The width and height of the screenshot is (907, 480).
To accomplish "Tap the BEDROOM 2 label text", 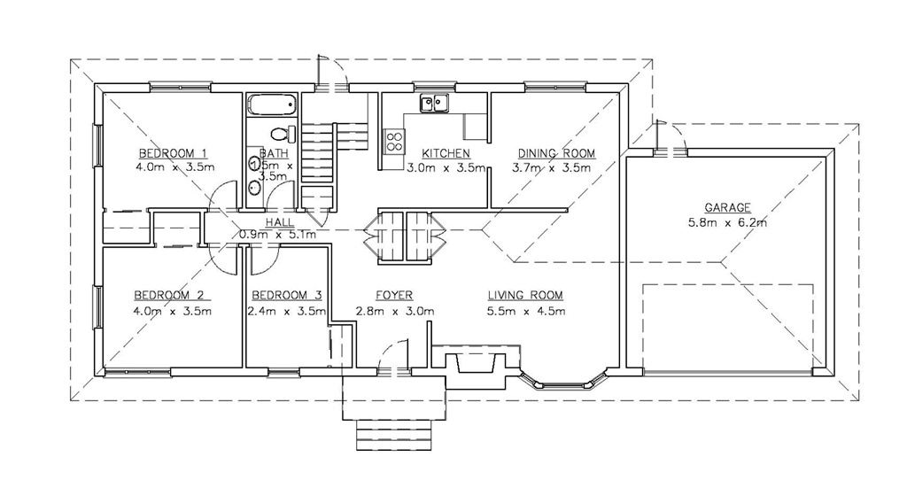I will pyautogui.click(x=169, y=295).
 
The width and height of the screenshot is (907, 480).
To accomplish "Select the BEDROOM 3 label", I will pyautogui.click(x=286, y=295).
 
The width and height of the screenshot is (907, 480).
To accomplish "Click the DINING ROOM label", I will pyautogui.click(x=556, y=153).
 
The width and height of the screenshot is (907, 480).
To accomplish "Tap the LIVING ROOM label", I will pyautogui.click(x=525, y=295).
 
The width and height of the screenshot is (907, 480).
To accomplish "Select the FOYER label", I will pyautogui.click(x=394, y=295).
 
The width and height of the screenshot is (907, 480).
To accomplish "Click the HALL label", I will pyautogui.click(x=280, y=222).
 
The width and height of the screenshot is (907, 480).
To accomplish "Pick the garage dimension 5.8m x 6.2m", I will pyautogui.click(x=727, y=221).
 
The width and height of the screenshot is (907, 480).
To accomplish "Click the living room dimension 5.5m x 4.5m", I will pyautogui.click(x=526, y=310).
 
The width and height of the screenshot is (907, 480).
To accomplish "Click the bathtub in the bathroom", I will pyautogui.click(x=272, y=105).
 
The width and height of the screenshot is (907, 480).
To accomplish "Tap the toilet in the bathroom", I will pyautogui.click(x=282, y=135).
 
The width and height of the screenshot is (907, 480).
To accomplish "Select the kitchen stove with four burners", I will pyautogui.click(x=394, y=139).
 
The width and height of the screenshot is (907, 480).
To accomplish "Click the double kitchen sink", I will pyautogui.click(x=434, y=104).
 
